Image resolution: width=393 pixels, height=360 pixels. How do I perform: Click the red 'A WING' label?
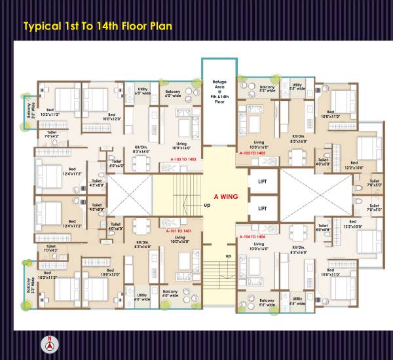pos(225,196)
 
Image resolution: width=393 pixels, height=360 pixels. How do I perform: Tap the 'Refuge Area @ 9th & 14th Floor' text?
pos(219,92)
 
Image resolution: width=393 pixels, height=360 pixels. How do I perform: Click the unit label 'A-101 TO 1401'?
pos(178,231)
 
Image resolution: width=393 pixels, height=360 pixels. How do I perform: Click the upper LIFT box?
pos(262,180)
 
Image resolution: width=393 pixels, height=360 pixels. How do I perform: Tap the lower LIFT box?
pos(262,208)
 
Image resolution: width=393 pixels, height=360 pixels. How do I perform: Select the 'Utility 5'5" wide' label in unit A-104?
pos(297,302)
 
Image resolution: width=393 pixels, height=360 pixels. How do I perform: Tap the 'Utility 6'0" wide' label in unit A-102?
pos(141,92)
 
